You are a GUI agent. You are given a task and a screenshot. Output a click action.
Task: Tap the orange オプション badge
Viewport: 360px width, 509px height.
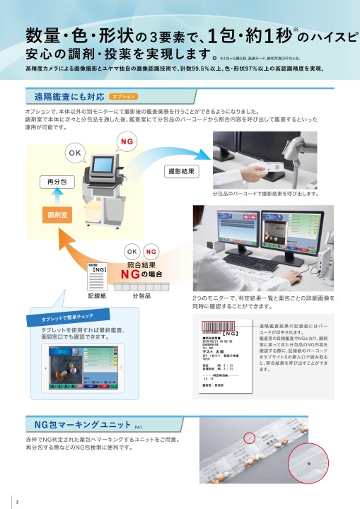coord(124,96)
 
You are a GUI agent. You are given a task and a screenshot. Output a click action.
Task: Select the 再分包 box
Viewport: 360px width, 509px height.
coord(56,182)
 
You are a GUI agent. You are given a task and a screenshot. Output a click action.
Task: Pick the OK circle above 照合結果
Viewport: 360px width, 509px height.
coord(132,252)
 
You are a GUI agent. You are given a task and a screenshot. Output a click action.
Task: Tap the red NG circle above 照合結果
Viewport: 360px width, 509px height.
coord(151,252)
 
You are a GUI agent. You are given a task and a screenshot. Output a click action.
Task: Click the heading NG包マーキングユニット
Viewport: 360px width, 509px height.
coord(83,425)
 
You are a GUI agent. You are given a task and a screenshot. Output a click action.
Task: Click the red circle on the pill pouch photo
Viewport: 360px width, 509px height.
coord(248,438)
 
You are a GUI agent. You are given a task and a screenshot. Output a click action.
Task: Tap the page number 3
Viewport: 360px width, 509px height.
coord(16,502)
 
